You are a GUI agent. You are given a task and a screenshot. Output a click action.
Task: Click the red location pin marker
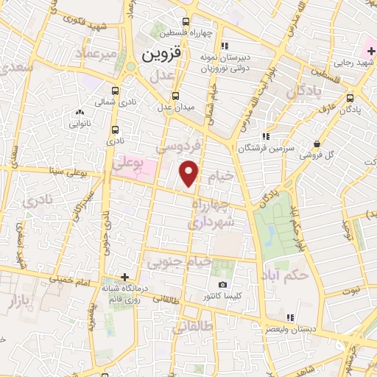(190, 172)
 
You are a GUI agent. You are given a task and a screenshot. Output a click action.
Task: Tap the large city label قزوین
(160, 54)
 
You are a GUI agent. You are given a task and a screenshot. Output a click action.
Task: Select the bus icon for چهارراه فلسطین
(186, 22)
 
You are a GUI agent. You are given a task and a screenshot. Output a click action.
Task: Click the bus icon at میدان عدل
(175, 96)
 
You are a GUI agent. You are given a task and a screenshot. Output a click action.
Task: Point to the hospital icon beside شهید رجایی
(370, 50)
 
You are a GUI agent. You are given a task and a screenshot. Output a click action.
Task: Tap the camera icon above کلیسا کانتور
(223, 285)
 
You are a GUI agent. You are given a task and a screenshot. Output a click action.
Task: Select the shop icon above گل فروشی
(317, 143)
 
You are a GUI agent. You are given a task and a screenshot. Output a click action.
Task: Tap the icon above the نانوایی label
(80, 113)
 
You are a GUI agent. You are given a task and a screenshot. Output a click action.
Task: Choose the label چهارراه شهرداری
(213, 212)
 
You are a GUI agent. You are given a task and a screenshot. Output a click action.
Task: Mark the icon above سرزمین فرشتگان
(265, 135)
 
